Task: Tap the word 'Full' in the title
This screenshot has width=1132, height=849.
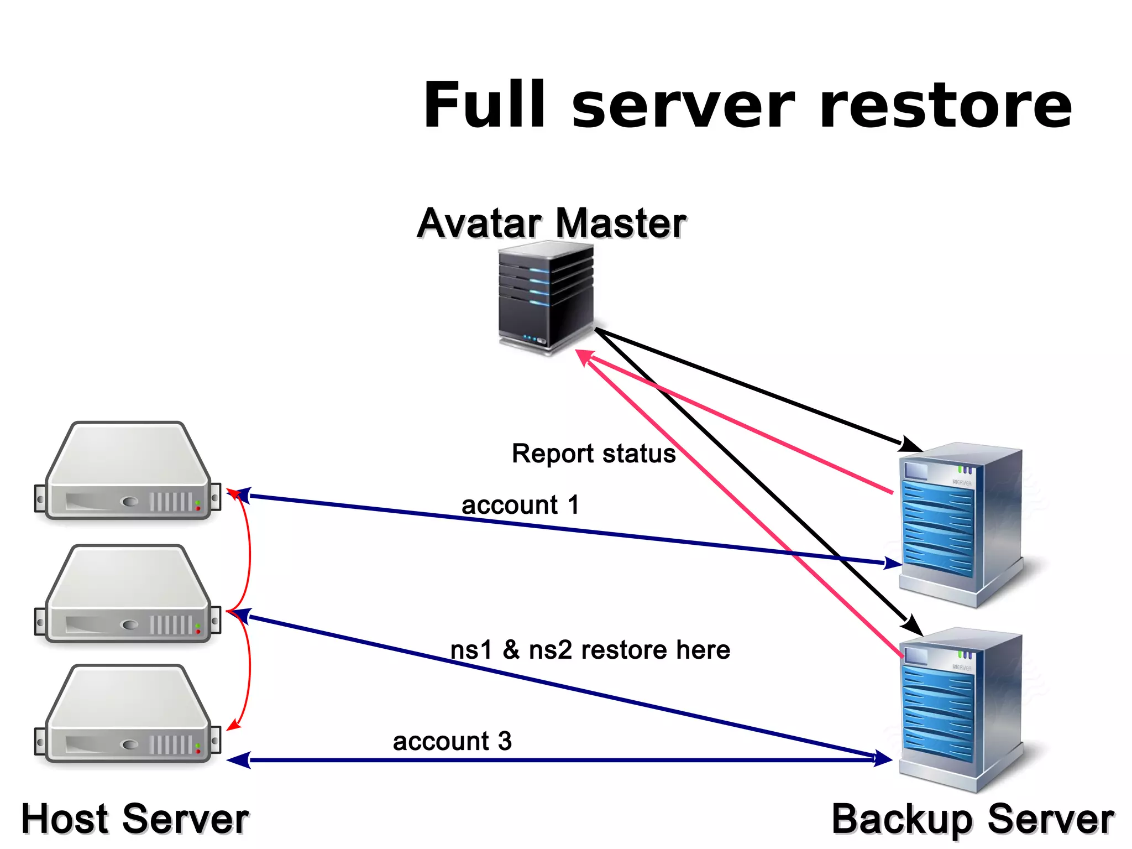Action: (484, 105)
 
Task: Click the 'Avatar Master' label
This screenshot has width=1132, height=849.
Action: (551, 223)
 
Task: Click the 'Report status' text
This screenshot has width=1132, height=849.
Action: (593, 454)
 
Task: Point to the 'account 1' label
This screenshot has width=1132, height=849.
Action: (520, 505)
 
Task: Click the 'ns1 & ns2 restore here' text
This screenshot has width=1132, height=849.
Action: (590, 650)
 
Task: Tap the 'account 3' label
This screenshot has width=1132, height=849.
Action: (452, 741)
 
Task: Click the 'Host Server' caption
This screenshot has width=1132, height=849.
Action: (134, 819)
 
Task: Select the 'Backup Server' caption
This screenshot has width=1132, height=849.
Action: (972, 819)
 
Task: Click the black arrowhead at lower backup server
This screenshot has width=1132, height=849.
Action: (912, 626)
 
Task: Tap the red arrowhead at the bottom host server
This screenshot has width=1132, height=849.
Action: (233, 724)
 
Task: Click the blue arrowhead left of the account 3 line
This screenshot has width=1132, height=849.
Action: (239, 760)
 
